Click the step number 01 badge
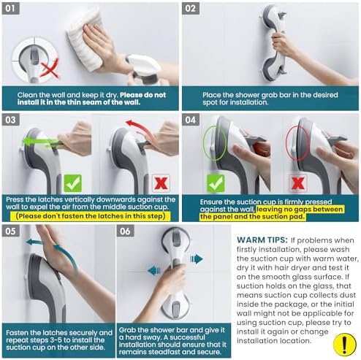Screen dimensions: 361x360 click(11, 9)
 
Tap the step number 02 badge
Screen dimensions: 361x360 click(191, 9)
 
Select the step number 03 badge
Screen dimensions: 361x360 click(11, 120)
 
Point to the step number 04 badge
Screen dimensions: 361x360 click(191, 120)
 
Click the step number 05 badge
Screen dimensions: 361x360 click(11, 231)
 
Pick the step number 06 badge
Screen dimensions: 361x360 click(126, 231)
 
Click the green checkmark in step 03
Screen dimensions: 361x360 click(72, 183)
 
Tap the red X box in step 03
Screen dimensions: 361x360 click(161, 183)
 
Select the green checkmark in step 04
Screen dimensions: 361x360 click(216, 183)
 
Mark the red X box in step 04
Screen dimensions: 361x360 click(297, 183)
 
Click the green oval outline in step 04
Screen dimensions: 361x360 click(204, 144)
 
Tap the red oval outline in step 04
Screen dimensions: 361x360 click(287, 144)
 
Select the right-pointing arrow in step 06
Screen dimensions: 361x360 click(197, 258)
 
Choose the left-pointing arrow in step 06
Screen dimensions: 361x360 click(154, 270)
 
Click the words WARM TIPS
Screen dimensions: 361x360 click(262, 240)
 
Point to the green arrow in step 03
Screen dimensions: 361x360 click(40, 142)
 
